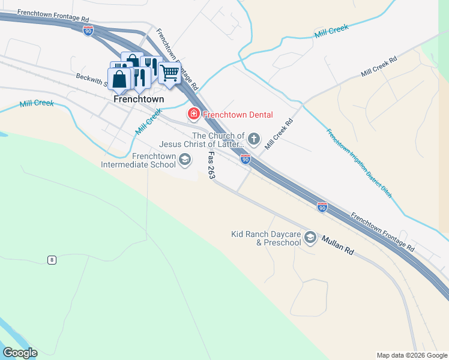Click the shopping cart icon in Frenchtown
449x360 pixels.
pyautogui.click(x=170, y=73)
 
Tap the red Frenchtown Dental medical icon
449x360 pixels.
pyautogui.click(x=193, y=113)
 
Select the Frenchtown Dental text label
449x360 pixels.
pyautogui.click(x=238, y=115)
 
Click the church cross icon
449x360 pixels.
pyautogui.click(x=254, y=140)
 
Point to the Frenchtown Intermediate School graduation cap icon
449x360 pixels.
pyautogui.click(x=185, y=159)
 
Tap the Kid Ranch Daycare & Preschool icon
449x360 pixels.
pyautogui.click(x=310, y=238)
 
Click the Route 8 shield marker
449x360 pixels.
pyautogui.click(x=53, y=260)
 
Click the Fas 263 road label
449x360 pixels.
pyautogui.click(x=211, y=166)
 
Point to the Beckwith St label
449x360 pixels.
pyautogui.click(x=90, y=77)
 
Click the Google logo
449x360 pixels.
pyautogui.click(x=20, y=352)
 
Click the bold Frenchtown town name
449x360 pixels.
pyautogui.click(x=139, y=98)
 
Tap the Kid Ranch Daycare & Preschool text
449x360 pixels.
pyautogui.click(x=267, y=238)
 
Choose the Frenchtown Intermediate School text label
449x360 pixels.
pyautogui.click(x=138, y=160)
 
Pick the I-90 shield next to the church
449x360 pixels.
pyautogui.click(x=246, y=159)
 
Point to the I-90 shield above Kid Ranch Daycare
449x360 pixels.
pyautogui.click(x=322, y=207)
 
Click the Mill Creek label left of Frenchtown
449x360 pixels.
pyautogui.click(x=37, y=103)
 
